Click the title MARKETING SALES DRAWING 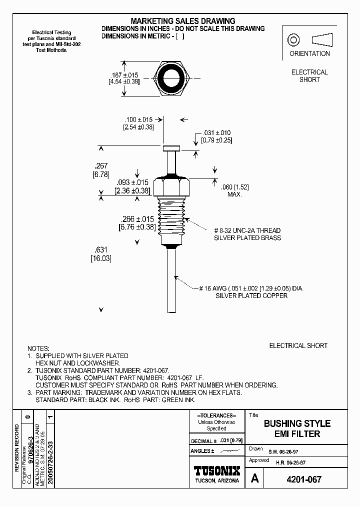pyautogui.click(x=182, y=21)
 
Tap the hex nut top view pyautogui.click(x=174, y=78)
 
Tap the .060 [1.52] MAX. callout pyautogui.click(x=234, y=190)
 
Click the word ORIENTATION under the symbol pyautogui.click(x=309, y=53)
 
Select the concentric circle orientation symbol pyautogui.click(x=293, y=39)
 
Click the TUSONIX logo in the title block pyautogui.click(x=216, y=471)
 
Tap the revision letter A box pyautogui.click(x=255, y=479)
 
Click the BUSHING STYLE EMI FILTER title pyautogui.click(x=297, y=428)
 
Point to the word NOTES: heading pyautogui.click(x=38, y=348)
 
